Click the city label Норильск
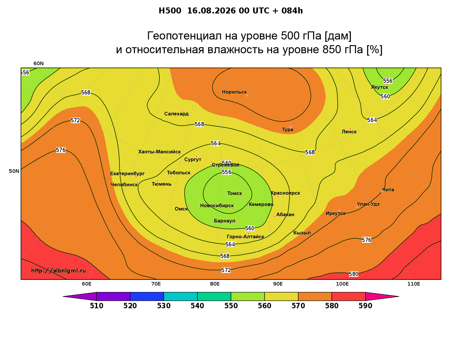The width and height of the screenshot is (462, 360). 234,92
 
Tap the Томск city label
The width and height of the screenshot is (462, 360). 234,193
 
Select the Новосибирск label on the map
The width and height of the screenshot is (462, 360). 217,206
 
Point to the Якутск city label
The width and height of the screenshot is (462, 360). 379,87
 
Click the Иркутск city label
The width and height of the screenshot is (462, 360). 336,213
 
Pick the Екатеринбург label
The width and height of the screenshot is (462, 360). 127,173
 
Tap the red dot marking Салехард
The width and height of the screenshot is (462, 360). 182,111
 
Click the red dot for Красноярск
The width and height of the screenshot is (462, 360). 278,196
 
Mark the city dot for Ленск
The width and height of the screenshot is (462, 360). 350,129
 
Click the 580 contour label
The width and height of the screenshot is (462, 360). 354,274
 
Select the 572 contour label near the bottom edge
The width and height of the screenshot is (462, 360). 226,270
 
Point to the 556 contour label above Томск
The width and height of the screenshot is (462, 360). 227,172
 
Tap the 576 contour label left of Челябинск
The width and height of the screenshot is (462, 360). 61,150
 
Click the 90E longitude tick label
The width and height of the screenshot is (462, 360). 278,284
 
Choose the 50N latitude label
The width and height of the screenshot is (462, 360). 14,171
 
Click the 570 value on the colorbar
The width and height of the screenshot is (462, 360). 298,306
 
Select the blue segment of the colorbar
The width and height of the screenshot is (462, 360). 147,296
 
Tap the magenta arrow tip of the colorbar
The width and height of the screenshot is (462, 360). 399,296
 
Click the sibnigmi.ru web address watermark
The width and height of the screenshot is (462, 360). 59,271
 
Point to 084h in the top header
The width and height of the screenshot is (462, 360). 292,11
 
